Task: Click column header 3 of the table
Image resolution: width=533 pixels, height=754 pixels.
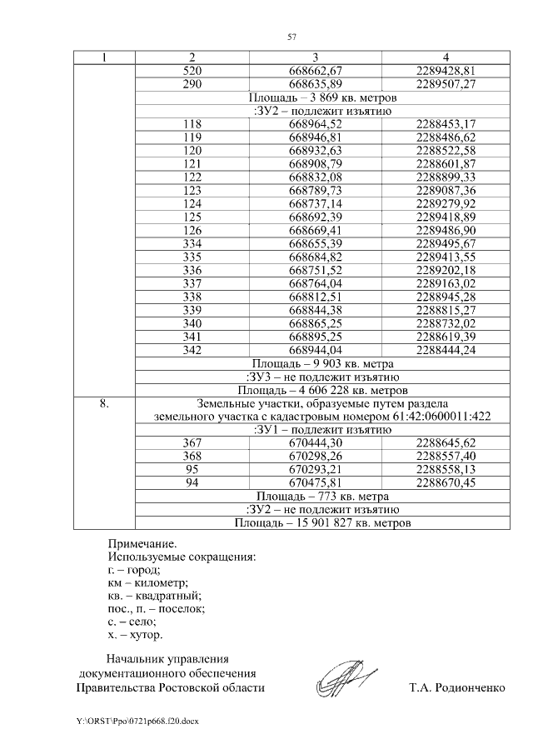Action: pos(316,57)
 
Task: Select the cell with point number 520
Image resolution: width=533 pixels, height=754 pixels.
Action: pos(192,71)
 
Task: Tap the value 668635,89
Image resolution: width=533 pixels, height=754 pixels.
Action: pos(316,84)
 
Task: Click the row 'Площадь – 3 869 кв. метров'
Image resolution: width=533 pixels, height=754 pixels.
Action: pos(316,97)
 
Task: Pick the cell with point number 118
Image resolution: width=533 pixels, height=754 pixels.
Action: pos(192,124)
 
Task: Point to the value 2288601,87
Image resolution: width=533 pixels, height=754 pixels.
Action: pos(445,164)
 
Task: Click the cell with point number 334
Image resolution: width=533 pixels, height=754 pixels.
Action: pos(192,244)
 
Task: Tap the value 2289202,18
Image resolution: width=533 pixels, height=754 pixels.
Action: pos(445,271)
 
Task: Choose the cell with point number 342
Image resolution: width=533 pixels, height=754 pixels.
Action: pos(192,351)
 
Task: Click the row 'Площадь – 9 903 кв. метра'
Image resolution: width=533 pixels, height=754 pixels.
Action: pos(316,364)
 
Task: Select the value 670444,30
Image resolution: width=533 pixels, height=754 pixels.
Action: pos(316,443)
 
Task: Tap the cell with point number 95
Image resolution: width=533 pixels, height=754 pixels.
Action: pos(192,470)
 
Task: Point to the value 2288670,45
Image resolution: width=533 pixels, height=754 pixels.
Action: pos(445,483)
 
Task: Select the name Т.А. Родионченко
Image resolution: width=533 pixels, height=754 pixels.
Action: pos(457,688)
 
